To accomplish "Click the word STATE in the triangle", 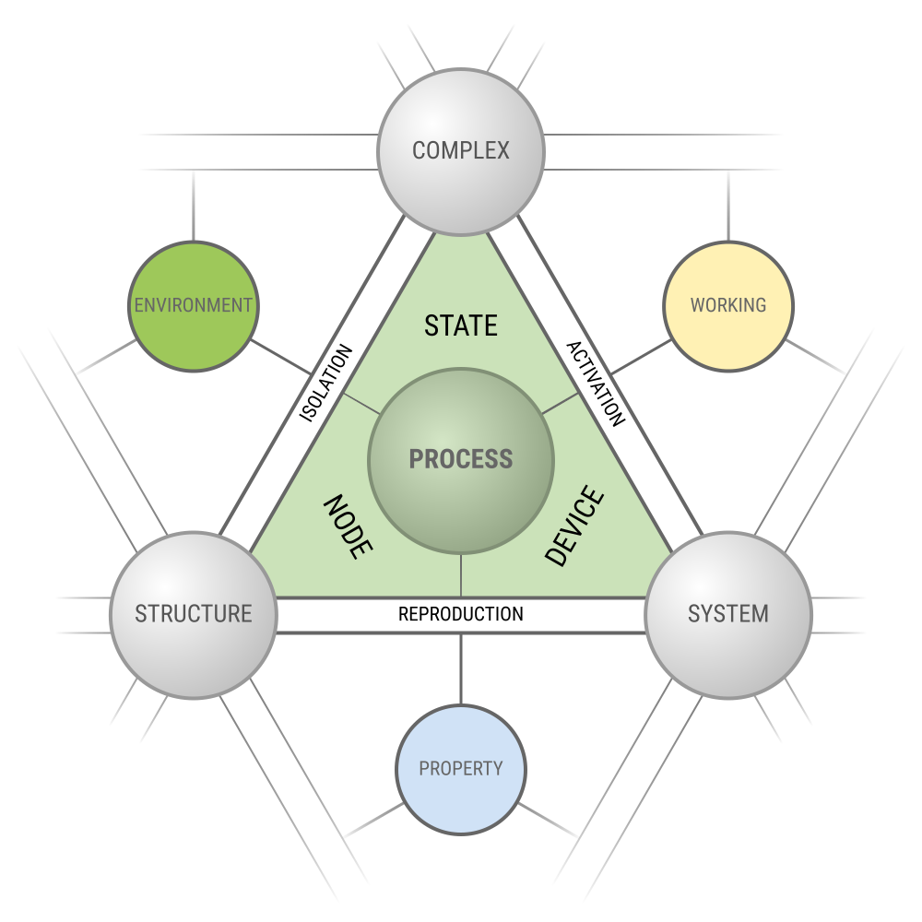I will (461, 325).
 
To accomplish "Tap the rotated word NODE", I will (348, 527).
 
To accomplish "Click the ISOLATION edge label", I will (327, 384).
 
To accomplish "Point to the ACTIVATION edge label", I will (596, 384).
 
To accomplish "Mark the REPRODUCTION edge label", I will (461, 614).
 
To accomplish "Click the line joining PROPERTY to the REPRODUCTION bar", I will (461, 668).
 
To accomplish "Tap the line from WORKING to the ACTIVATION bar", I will (641, 358).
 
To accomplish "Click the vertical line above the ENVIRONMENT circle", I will (194, 207).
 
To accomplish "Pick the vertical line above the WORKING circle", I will (728, 207).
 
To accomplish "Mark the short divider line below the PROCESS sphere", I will (461, 575).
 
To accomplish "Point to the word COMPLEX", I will (461, 150).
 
